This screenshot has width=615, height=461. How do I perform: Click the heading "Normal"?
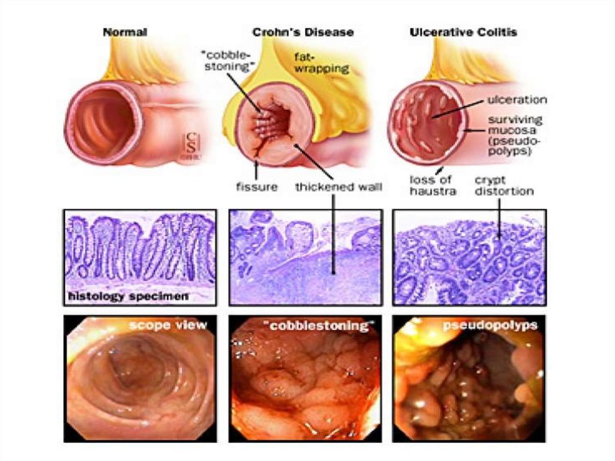(x=125, y=32)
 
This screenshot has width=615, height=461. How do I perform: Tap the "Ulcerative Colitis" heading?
(x=463, y=32)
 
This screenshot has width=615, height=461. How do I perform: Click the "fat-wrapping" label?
(x=321, y=63)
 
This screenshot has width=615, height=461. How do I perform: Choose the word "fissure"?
(x=256, y=186)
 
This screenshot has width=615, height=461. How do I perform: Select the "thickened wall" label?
(x=338, y=186)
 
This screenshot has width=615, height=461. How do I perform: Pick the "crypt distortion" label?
(x=504, y=185)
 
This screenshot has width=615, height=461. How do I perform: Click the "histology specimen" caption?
(x=128, y=296)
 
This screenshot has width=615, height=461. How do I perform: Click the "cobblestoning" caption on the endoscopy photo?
(x=318, y=325)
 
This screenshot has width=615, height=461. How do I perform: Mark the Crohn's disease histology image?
(x=305, y=257)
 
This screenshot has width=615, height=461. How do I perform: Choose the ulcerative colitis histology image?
(x=469, y=257)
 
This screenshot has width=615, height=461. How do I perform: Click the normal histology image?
(x=139, y=249)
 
